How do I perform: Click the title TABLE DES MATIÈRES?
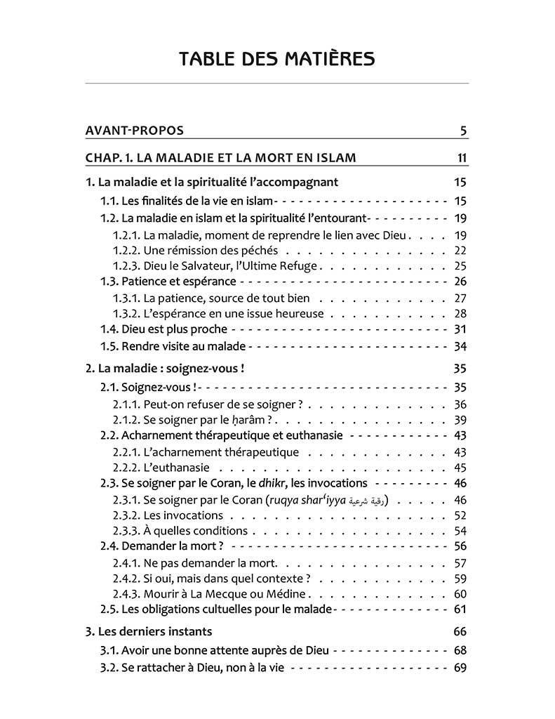coord(276,58)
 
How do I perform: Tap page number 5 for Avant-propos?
coord(464,131)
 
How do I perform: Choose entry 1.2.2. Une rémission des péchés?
coord(196,250)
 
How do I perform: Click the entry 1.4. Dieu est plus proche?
coord(164,329)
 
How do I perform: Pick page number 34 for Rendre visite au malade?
coord(460,346)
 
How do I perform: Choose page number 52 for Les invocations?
coord(460,515)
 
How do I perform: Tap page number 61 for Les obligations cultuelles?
coord(460,609)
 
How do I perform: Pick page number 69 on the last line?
coord(460,668)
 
